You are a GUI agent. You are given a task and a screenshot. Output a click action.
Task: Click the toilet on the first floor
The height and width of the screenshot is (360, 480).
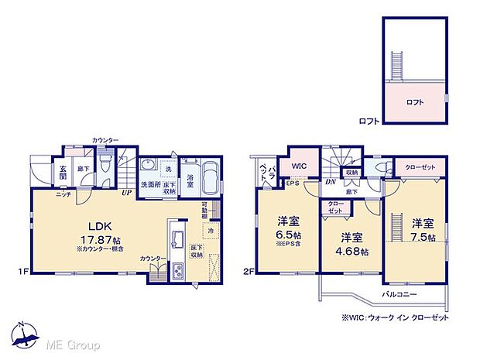click(x=108, y=164)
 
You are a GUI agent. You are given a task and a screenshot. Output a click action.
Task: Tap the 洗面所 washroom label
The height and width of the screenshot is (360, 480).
click(x=150, y=185)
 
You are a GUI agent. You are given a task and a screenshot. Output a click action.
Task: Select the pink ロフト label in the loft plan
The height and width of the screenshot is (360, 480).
click(x=414, y=101)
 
